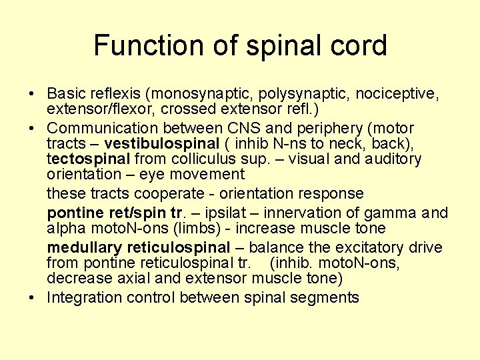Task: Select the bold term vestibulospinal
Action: [162, 144]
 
